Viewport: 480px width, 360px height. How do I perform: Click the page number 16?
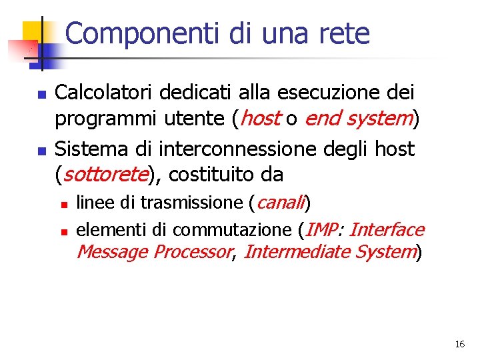pyautogui.click(x=459, y=345)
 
